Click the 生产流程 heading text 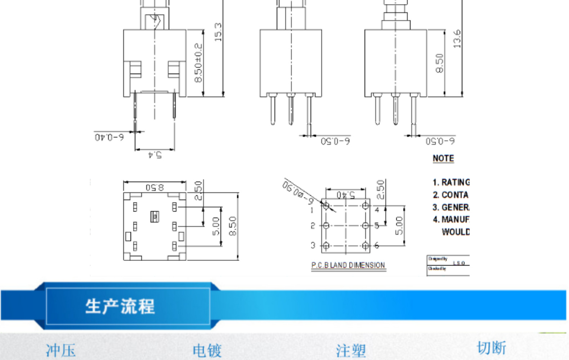120,307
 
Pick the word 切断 491,348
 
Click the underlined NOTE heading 443,158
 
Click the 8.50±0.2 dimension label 198,63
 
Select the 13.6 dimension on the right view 457,39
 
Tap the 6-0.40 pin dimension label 109,137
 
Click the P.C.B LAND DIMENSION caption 348,265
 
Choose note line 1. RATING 451,182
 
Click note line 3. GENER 451,207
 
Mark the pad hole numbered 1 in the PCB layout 326,206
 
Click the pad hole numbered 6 366,246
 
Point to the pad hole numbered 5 366,226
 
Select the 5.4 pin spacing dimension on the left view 155,155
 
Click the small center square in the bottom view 155,216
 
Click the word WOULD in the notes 456,232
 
